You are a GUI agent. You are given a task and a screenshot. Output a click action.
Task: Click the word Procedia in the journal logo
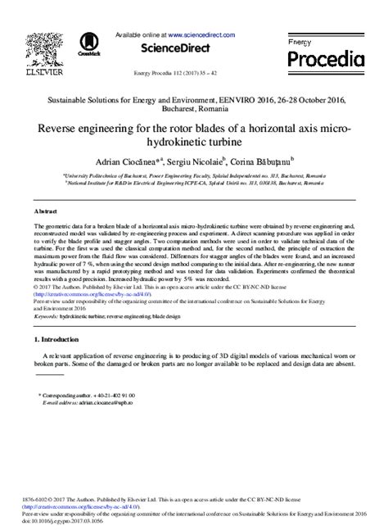[x=324, y=60]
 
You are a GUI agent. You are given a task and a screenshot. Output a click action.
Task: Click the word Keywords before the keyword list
[x=47, y=314]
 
